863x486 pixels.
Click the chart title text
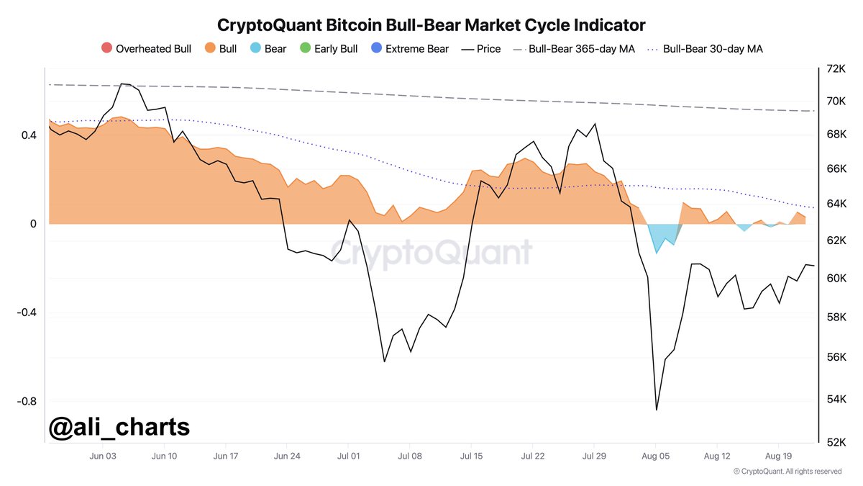pyautogui.click(x=431, y=24)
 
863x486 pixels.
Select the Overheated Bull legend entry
pyautogui.click(x=147, y=49)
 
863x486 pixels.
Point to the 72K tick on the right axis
pyautogui.click(x=836, y=69)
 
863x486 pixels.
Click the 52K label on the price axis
pyautogui.click(x=836, y=442)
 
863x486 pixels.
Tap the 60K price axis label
pyautogui.click(x=836, y=279)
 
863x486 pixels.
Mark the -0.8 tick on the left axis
pyautogui.click(x=25, y=401)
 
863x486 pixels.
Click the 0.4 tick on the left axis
pyautogui.click(x=28, y=135)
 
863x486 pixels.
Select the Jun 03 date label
pyautogui.click(x=103, y=456)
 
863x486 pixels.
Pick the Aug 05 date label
pyautogui.click(x=655, y=456)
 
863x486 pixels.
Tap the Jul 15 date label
pyautogui.click(x=471, y=456)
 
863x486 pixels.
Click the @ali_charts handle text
pyautogui.click(x=119, y=427)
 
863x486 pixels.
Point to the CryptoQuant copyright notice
pyautogui.click(x=787, y=472)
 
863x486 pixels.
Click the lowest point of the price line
pyautogui.click(x=657, y=410)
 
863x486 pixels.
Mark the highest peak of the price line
pyautogui.click(x=122, y=84)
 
